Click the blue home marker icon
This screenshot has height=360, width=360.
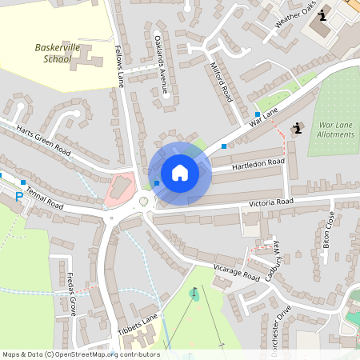[x=179, y=173]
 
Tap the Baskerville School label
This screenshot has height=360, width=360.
[x=58, y=53]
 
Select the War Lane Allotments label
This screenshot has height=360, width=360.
[x=336, y=130]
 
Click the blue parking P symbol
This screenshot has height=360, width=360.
[x=19, y=195]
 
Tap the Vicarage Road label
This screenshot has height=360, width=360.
[x=237, y=272]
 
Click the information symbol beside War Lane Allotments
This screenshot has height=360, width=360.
[x=298, y=127]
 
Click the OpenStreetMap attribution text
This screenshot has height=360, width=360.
[x=80, y=354]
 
